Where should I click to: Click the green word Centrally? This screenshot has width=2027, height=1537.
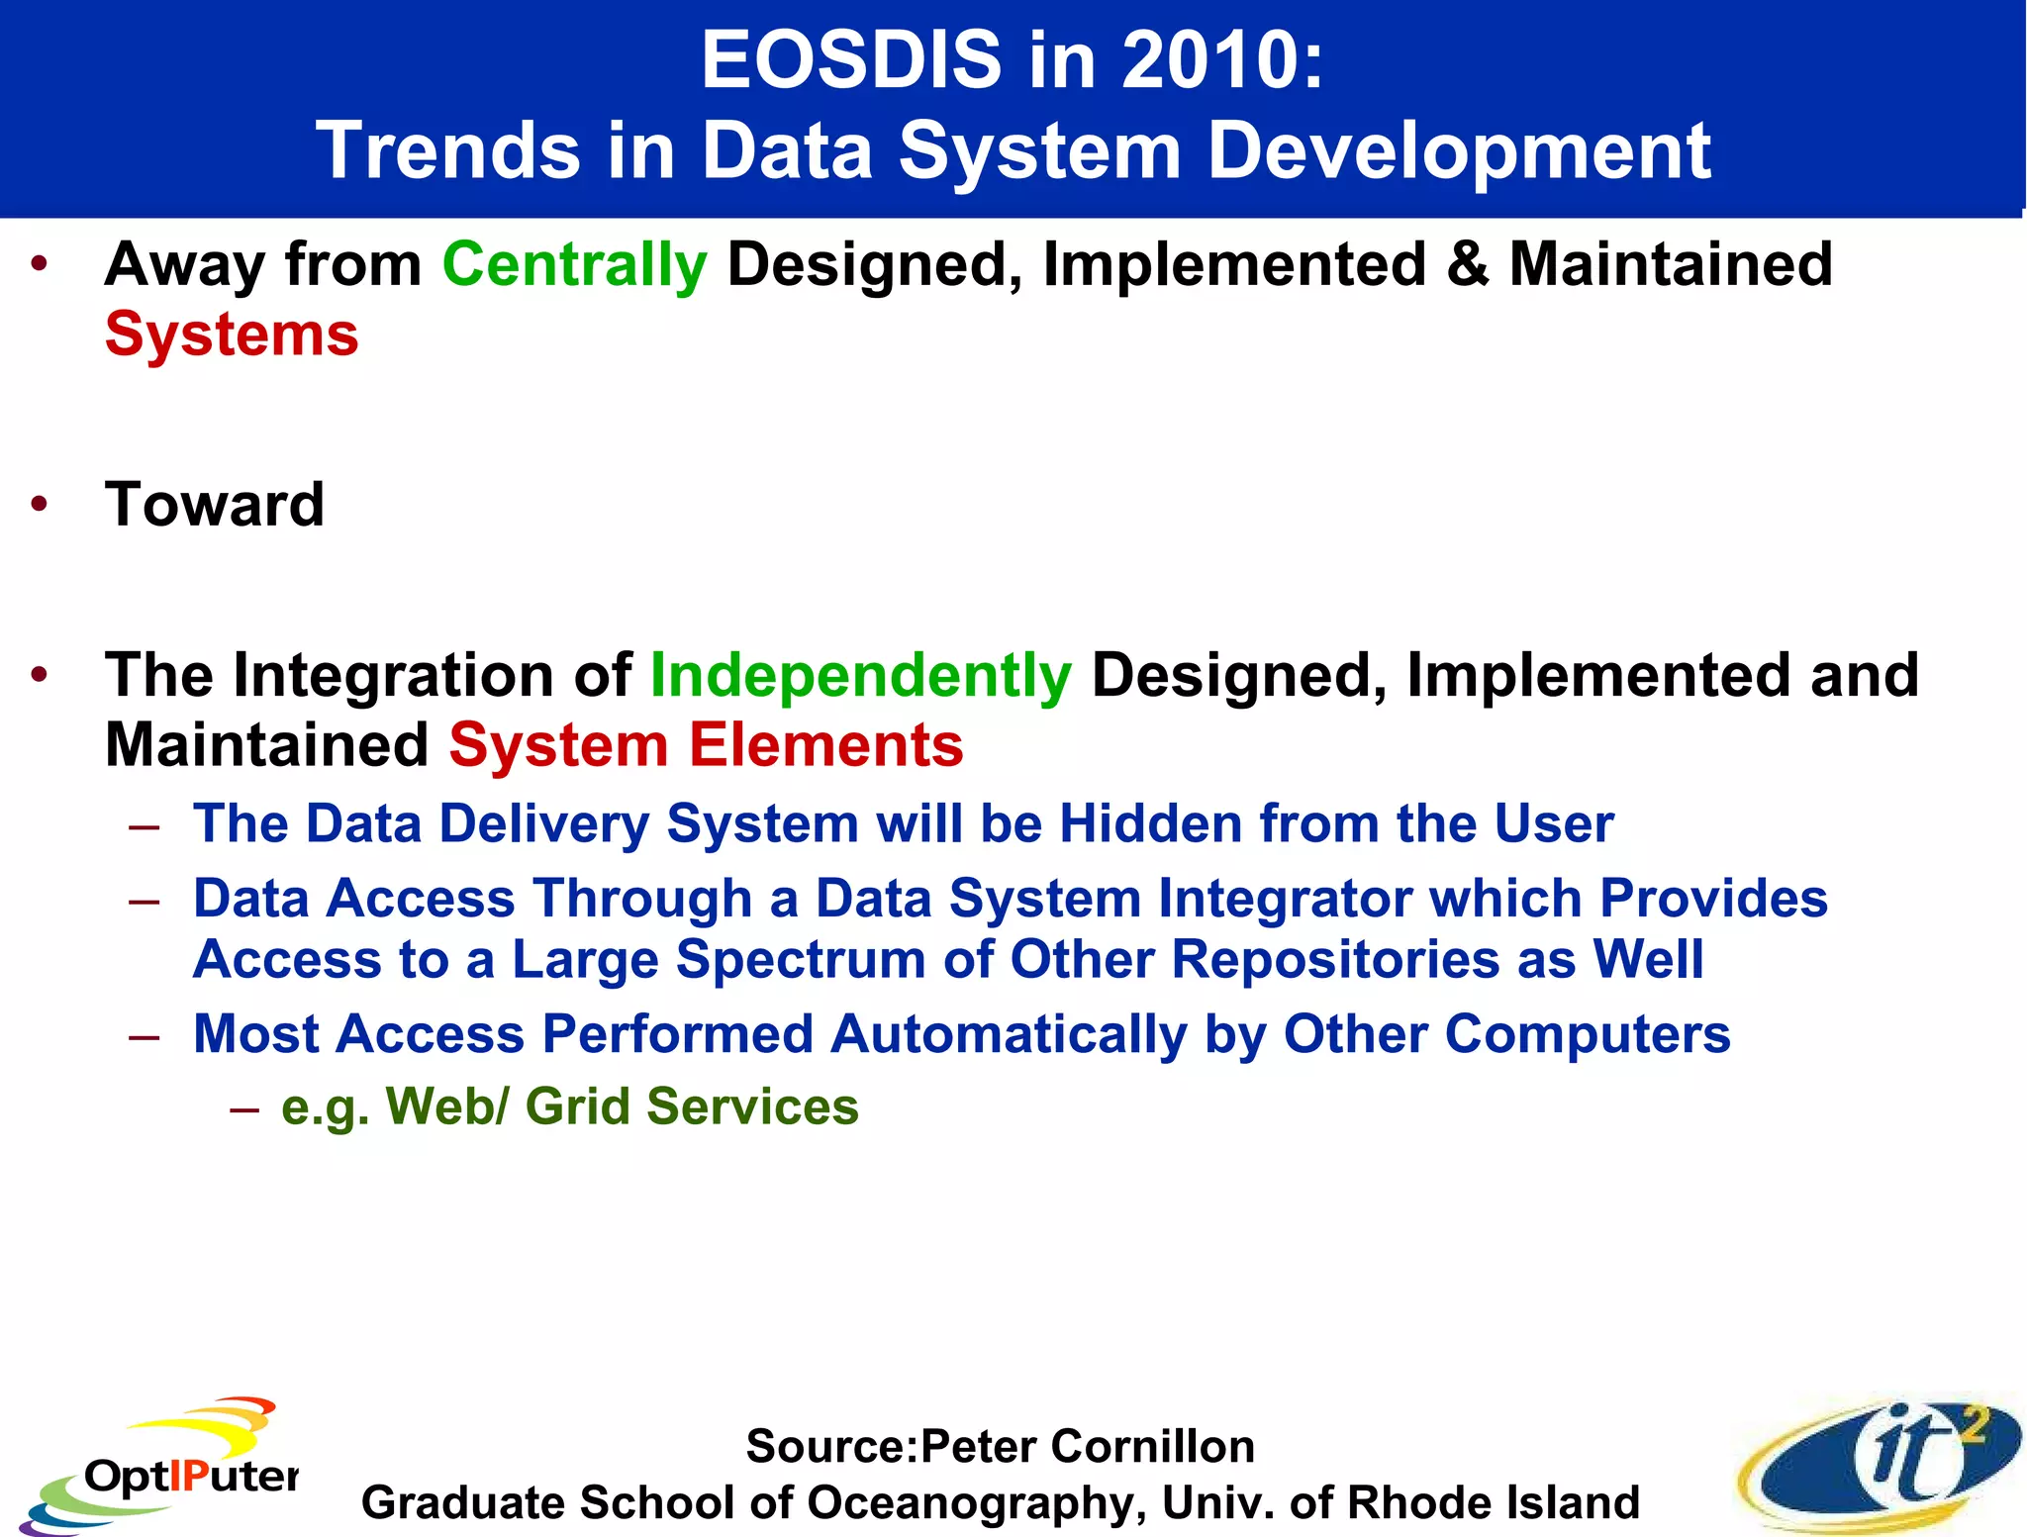click(x=574, y=265)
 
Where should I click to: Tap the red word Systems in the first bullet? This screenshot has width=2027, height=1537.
click(x=232, y=335)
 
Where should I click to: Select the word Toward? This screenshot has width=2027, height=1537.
click(x=215, y=505)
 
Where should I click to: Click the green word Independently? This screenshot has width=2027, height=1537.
click(x=861, y=676)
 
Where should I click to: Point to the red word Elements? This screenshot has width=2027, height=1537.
click(x=825, y=745)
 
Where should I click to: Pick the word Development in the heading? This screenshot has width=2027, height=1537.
click(x=1459, y=151)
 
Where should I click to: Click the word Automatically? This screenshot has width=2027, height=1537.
click(x=1008, y=1034)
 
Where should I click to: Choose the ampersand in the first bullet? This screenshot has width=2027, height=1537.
click(x=1467, y=265)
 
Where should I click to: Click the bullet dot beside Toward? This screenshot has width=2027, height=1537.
click(x=39, y=505)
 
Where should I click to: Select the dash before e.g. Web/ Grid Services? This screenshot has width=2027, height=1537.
click(x=243, y=1108)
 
